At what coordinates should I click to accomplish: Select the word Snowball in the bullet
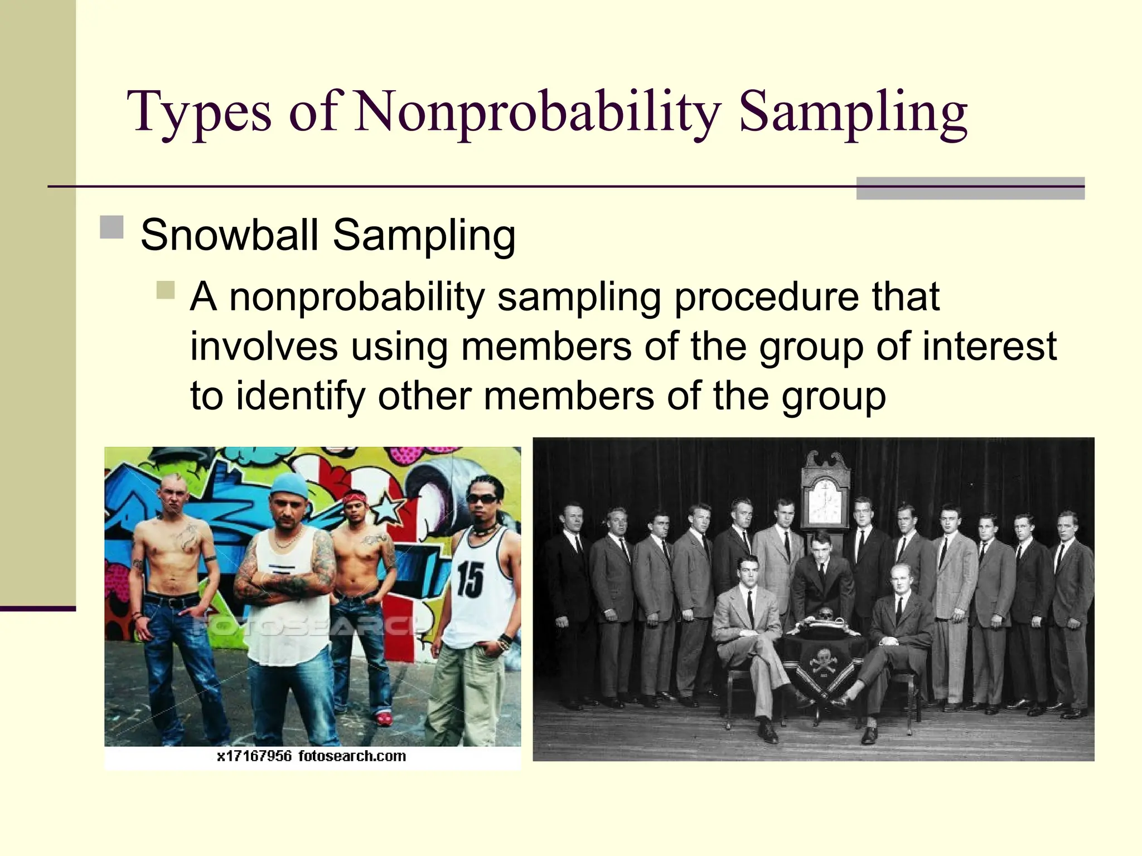click(x=229, y=235)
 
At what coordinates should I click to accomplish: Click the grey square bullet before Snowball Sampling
click(x=112, y=227)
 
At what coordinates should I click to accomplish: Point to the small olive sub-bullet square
click(x=166, y=290)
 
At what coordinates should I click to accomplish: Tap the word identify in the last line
click(x=300, y=397)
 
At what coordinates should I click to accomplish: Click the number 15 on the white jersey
click(x=470, y=580)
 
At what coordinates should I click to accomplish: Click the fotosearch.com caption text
click(x=352, y=756)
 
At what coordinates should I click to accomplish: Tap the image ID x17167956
click(x=254, y=756)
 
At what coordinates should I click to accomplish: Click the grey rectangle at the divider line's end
click(x=970, y=188)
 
